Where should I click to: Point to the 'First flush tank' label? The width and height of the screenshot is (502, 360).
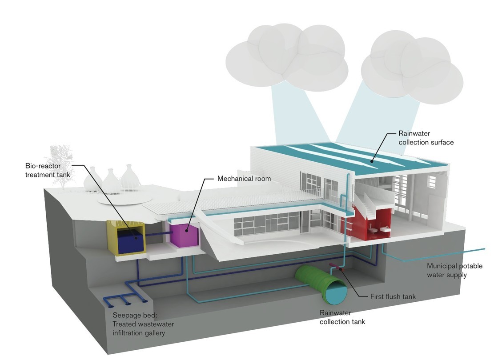click(x=393, y=296)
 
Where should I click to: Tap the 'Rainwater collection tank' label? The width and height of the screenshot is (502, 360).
click(x=342, y=317)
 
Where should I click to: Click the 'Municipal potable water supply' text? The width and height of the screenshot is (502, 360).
click(x=454, y=270)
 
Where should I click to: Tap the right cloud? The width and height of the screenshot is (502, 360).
click(x=411, y=67)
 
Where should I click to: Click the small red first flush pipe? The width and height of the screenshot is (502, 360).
click(x=336, y=267)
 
